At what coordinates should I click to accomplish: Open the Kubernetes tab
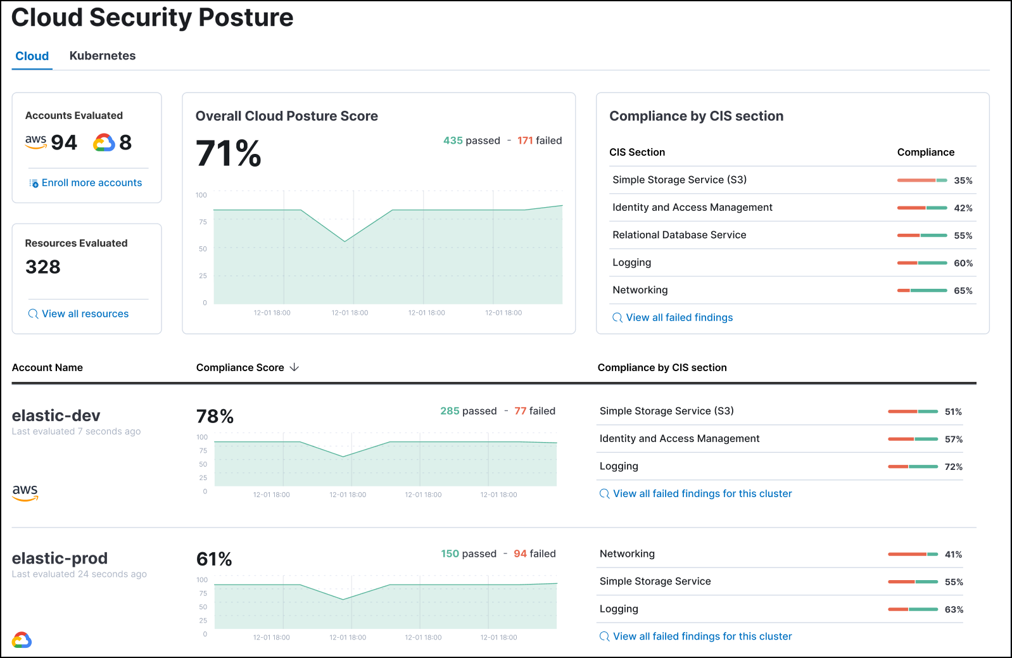coord(102,56)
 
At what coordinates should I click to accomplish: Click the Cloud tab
coord(32,56)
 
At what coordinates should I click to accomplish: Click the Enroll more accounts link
coord(91,183)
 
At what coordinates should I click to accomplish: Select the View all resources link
coord(85,314)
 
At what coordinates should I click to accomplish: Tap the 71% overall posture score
coord(228,154)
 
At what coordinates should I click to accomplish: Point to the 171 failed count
coord(539,141)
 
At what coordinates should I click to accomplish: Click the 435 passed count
coord(471,141)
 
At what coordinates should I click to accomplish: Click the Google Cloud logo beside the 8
coord(104,142)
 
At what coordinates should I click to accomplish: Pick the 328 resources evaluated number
coord(43,267)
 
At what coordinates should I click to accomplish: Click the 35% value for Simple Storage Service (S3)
coord(963,180)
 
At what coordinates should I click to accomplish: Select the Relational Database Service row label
coord(679,235)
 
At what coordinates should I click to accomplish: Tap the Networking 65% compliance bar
coord(921,291)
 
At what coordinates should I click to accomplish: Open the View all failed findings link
coord(679,318)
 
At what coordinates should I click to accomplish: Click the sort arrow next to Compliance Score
coord(294,367)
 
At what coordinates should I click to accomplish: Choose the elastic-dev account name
coord(56,416)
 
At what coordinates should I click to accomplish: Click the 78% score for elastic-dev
coord(215,417)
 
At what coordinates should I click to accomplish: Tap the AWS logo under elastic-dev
coord(25,492)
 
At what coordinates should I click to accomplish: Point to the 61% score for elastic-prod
coord(214,559)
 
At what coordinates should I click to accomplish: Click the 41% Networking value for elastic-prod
coord(952,555)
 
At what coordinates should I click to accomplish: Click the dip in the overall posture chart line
coord(345,241)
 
